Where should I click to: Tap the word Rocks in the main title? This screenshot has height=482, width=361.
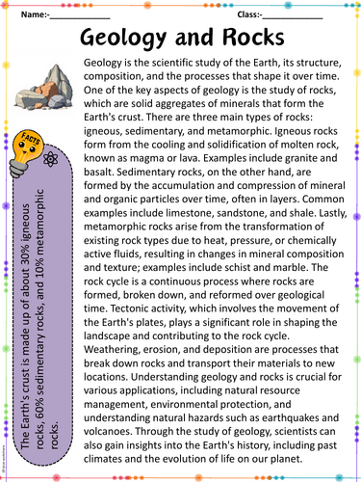252,40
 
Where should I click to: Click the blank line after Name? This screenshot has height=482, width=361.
80,16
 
